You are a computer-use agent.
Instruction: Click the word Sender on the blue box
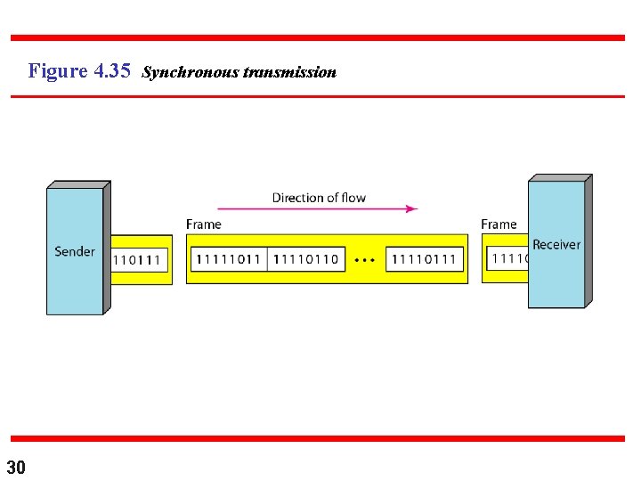point(75,251)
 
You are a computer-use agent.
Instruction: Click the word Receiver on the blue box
point(556,244)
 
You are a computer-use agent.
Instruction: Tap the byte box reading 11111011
point(227,259)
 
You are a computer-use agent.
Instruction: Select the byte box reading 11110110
point(305,259)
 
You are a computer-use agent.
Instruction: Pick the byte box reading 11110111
point(424,259)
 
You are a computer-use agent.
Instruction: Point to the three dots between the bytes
point(364,260)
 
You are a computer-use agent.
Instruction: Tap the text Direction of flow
point(319,198)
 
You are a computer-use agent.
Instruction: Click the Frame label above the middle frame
point(204,224)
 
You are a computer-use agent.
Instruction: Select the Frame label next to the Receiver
point(499,224)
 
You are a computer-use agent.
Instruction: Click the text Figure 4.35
point(79,70)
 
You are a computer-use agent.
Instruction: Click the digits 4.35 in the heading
point(111,70)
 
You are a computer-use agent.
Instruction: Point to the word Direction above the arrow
point(299,198)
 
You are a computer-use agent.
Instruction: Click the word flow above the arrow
point(353,198)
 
